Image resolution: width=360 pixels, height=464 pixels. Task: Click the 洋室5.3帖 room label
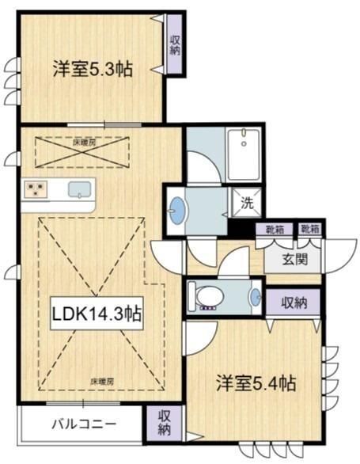pyautogui.click(x=92, y=69)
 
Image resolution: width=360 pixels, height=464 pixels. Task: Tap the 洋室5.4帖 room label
pyautogui.click(x=256, y=385)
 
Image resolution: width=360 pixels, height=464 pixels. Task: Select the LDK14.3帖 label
pyautogui.click(x=97, y=314)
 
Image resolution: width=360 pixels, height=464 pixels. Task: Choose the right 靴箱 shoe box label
pyautogui.click(x=309, y=230)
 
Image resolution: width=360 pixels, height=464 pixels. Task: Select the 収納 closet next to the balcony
pyautogui.click(x=164, y=423)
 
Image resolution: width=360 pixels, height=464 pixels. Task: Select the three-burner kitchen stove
pyautogui.click(x=35, y=189)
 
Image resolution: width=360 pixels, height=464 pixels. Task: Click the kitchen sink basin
pyautogui.click(x=80, y=190)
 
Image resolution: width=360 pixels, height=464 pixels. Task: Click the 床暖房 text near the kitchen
pyautogui.click(x=85, y=143)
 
